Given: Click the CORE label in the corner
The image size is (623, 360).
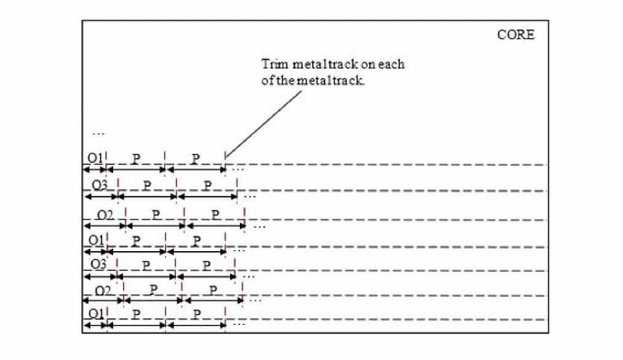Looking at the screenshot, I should click(515, 34).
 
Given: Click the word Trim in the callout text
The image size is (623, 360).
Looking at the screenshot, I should click(275, 65).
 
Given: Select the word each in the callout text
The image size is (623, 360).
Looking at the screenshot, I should click(391, 65).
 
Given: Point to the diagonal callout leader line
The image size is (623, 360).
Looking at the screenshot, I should click(264, 124).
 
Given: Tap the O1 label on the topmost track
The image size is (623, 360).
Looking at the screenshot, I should click(95, 158).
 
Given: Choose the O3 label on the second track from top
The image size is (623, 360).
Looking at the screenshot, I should click(99, 185).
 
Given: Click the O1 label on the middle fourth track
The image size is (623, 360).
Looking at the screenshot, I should click(95, 240).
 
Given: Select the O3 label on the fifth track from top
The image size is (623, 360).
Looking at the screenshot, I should click(98, 265).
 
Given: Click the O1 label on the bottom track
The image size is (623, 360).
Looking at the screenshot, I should click(95, 313).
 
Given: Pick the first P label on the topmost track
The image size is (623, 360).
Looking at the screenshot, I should click(136, 158).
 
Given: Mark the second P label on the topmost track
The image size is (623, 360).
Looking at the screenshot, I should click(195, 158).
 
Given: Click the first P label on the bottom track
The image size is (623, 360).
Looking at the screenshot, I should click(136, 313).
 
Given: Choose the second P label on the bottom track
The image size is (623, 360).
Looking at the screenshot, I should click(196, 313).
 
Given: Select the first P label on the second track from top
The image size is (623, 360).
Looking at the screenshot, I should click(146, 185).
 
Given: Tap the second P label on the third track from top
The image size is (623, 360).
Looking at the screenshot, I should click(215, 214).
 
